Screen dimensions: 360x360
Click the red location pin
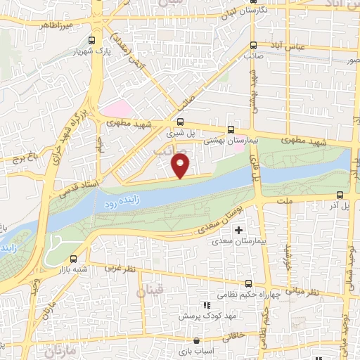coord(181,167)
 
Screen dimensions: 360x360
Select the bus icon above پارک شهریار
coord(92,40)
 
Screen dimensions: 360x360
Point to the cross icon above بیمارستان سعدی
coord(238,230)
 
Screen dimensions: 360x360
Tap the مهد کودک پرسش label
coord(205,316)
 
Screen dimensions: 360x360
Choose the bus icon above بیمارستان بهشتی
coord(231,129)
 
